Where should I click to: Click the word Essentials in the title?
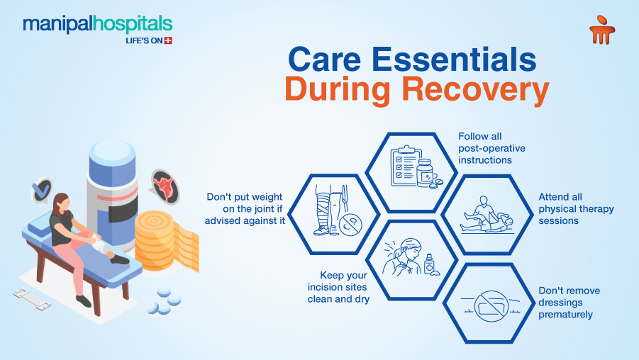pyautogui.click(x=454, y=59)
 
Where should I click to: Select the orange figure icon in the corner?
pyautogui.click(x=602, y=30)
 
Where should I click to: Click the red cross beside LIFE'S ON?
pyautogui.click(x=168, y=40)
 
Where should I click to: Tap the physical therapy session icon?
pyautogui.click(x=487, y=215)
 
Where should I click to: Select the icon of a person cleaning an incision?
pyautogui.click(x=411, y=258)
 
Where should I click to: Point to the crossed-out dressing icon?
pyautogui.click(x=491, y=306)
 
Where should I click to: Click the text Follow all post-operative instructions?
pyautogui.click(x=492, y=148)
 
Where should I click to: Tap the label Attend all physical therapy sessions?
pyautogui.click(x=576, y=209)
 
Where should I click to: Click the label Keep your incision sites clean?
pyautogui.click(x=338, y=287)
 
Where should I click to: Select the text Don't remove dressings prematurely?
pyautogui.click(x=569, y=303)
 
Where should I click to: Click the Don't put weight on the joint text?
pyautogui.click(x=245, y=209)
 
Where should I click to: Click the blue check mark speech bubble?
pyautogui.click(x=43, y=190)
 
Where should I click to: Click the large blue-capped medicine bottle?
pyautogui.click(x=112, y=195)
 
